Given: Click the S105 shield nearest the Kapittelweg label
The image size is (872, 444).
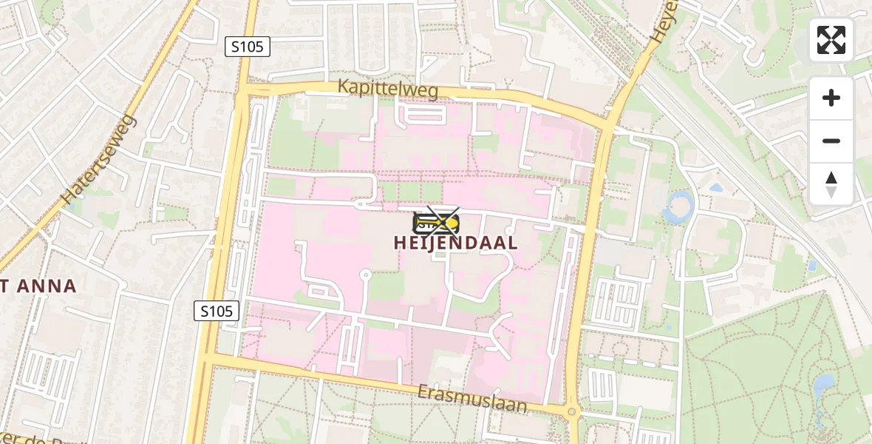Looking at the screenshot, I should tap(248, 47).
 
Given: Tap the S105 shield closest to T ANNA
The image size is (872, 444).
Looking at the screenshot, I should tap(218, 311).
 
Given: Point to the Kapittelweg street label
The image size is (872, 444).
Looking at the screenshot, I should tap(388, 89).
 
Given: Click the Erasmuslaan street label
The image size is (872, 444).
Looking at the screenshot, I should tap(472, 398).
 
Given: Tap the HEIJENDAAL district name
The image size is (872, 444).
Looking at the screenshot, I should tap(455, 243).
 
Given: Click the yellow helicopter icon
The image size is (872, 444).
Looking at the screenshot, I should tap(436, 221).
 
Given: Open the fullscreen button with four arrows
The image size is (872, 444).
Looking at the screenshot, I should tap(831, 40).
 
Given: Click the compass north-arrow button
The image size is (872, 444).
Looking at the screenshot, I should tap(831, 184).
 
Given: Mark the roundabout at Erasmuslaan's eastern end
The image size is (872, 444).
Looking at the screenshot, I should tap(571, 411).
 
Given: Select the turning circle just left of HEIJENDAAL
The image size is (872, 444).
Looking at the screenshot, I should tap(364, 275).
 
